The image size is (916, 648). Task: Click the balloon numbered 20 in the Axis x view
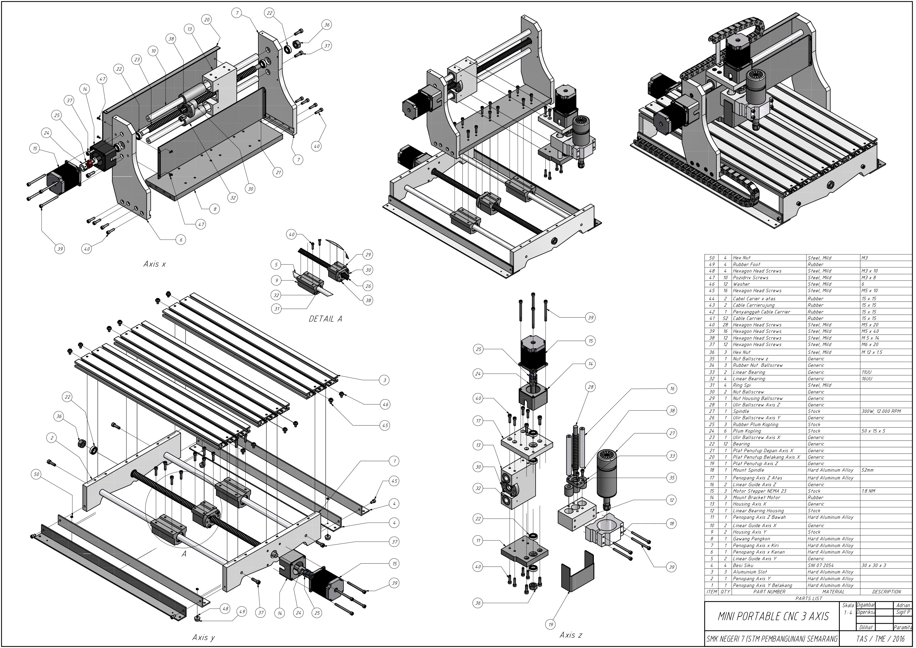207,20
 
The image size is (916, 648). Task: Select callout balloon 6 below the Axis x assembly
181,240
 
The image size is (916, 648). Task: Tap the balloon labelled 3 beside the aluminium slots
385,380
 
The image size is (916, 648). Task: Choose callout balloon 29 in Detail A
368,255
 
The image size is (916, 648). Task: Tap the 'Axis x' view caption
154,264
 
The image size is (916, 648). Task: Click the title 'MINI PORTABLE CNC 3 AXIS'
773,616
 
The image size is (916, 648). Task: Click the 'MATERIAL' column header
833,592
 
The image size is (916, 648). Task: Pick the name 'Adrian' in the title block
903,605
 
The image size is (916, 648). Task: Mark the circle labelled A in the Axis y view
184,554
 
